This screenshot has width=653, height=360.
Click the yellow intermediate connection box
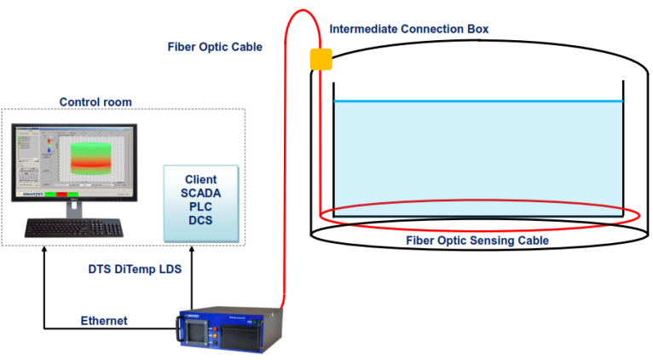pos(321,58)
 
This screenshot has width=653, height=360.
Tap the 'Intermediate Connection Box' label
pos(408,29)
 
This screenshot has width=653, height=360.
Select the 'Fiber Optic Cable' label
pos(214,47)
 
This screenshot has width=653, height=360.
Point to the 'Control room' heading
pos(95,102)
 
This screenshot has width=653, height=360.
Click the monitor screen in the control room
pos(73,162)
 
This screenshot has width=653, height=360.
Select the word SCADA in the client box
pos(200,194)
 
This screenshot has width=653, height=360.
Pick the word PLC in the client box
pos(200,207)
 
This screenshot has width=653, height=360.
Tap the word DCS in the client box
pos(200,221)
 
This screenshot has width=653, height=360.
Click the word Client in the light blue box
pos(200,180)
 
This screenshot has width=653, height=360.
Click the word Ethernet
pos(104,321)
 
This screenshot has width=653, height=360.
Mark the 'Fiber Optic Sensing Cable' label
pos(477,241)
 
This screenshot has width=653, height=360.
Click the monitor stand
pos(73,208)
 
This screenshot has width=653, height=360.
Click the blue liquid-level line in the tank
pos(477,102)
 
